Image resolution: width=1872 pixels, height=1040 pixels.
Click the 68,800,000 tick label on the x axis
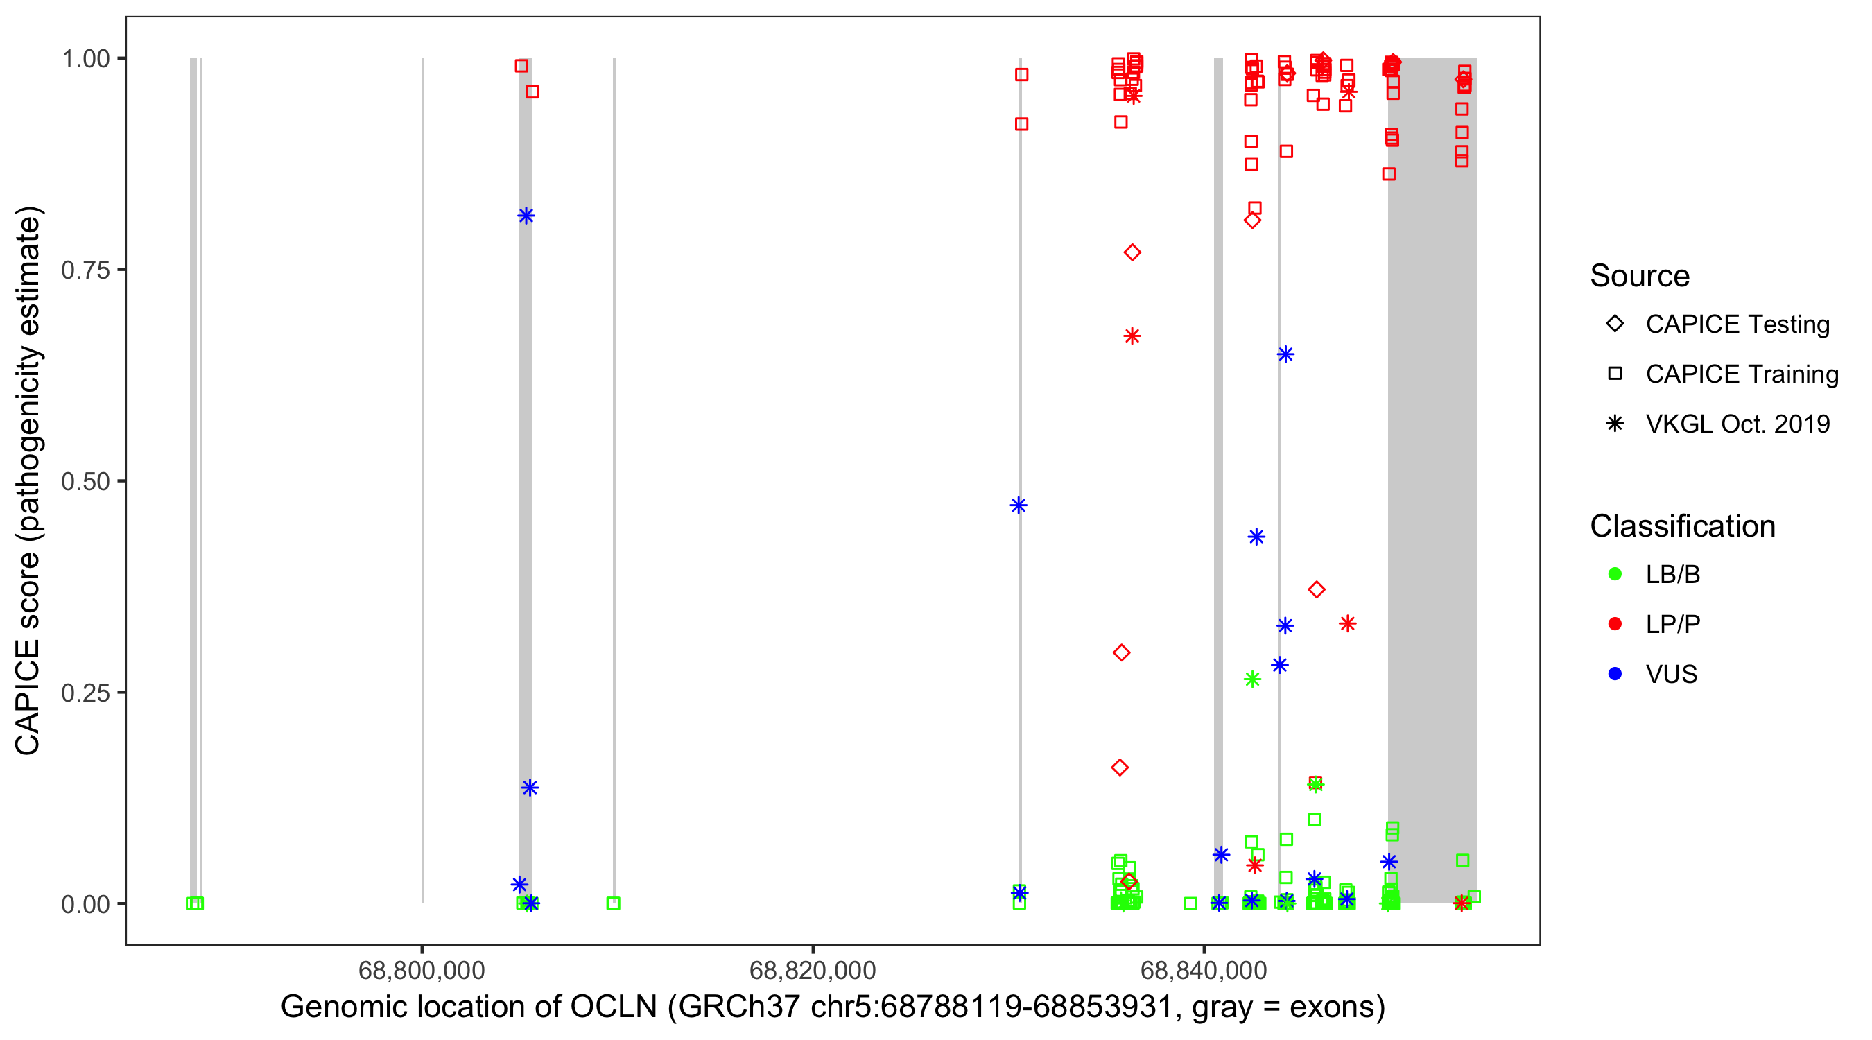click(422, 970)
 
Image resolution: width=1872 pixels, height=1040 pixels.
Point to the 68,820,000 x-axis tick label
click(813, 970)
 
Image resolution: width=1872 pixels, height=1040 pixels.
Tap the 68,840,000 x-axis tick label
click(1204, 970)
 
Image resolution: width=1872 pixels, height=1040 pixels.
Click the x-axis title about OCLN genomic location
click(833, 1007)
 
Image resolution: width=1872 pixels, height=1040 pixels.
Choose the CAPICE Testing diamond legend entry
click(1615, 324)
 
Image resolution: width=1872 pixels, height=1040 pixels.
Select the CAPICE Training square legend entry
click(1615, 374)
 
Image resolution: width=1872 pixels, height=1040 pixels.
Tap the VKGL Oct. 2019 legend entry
click(1615, 424)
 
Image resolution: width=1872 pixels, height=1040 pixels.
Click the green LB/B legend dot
click(1615, 574)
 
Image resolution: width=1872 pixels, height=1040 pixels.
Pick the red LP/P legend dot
click(1615, 624)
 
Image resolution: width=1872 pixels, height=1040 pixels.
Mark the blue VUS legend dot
click(1615, 674)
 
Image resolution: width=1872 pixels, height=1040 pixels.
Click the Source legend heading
click(1640, 276)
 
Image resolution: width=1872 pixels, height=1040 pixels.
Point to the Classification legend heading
click(1682, 526)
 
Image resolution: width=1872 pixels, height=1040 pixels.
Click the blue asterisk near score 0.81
click(526, 216)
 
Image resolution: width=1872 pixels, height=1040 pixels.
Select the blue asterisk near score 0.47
click(1019, 505)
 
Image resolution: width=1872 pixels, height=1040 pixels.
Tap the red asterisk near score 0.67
click(1132, 336)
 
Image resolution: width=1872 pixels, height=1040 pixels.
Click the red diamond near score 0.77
click(1132, 253)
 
